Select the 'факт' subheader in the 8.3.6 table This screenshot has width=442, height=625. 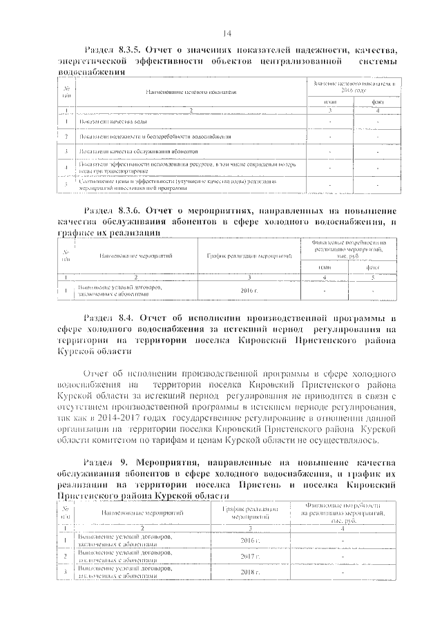click(373, 265)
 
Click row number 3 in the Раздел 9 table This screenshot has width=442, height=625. click(65, 573)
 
